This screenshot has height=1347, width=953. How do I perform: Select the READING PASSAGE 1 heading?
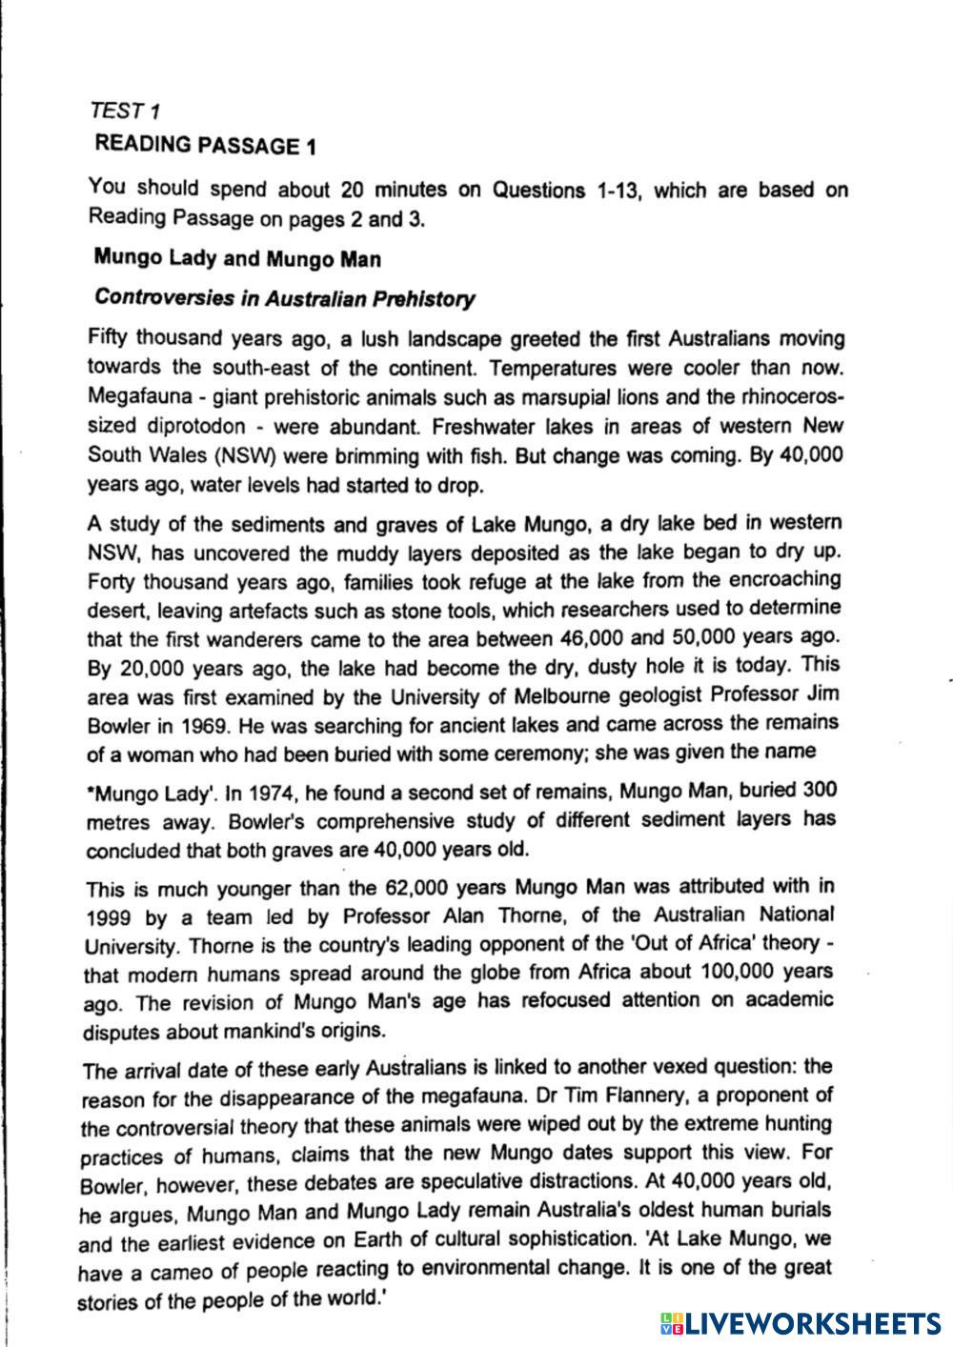[x=205, y=145]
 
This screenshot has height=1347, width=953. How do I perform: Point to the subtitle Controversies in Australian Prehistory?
[x=284, y=297]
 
